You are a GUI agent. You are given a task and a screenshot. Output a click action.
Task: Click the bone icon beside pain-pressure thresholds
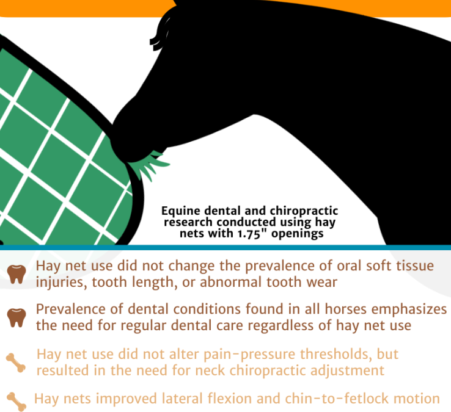pos(16,363)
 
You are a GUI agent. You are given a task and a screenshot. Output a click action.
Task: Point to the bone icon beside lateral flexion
pos(16,400)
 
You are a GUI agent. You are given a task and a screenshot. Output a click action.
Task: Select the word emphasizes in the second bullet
pos(409,309)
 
